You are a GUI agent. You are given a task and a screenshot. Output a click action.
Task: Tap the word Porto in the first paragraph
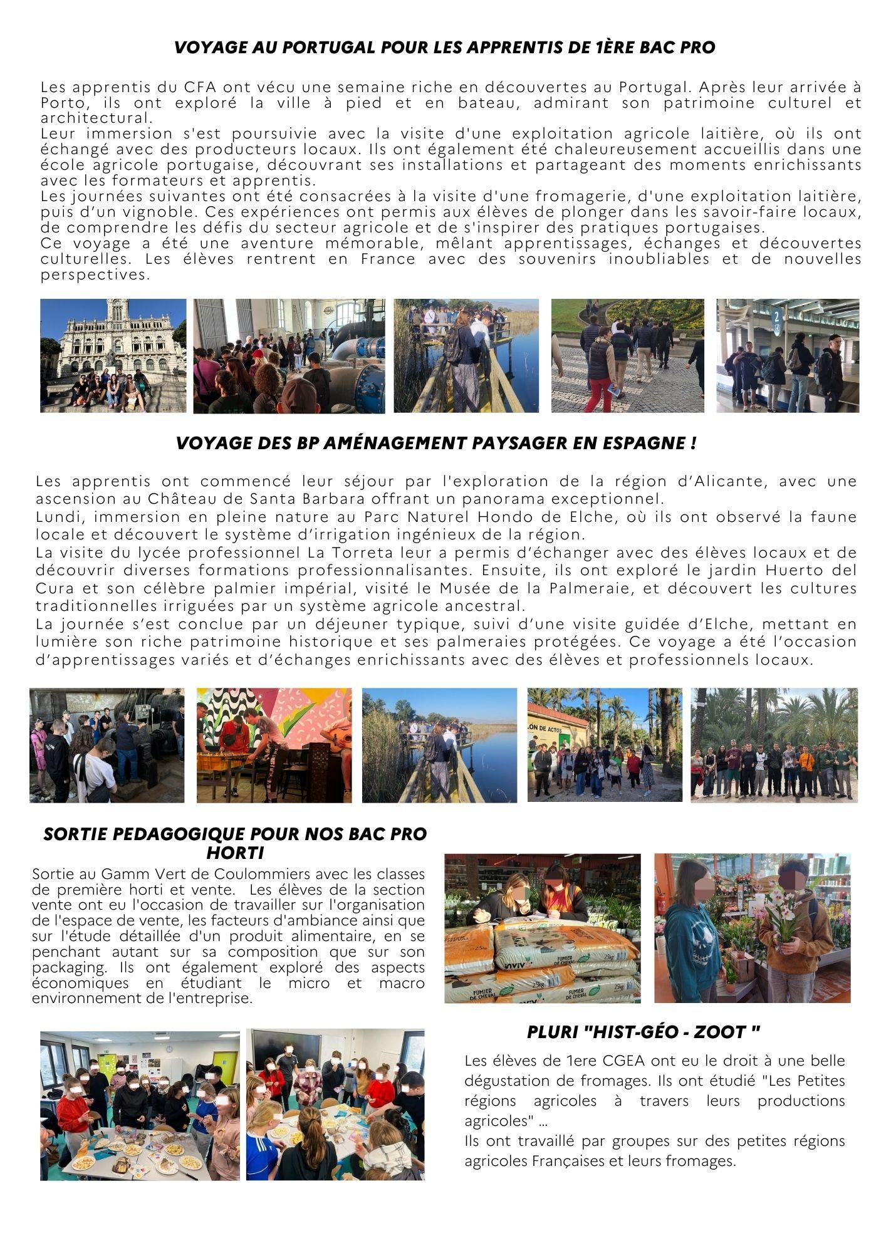[58, 103]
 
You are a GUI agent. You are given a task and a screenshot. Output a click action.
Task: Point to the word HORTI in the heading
[235, 853]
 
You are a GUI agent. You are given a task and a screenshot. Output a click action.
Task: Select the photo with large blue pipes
[289, 356]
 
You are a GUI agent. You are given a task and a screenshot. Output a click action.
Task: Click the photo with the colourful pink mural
[274, 745]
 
